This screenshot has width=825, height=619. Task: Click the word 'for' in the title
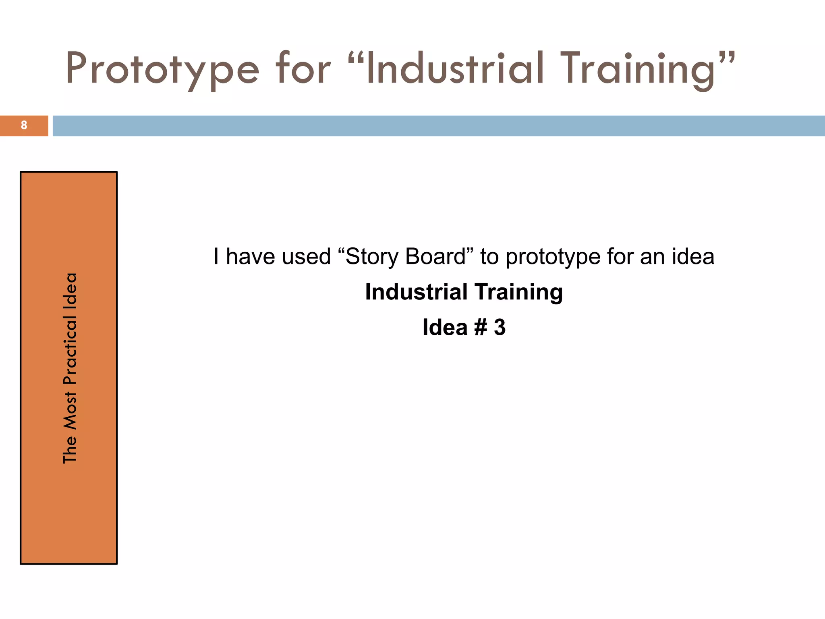pyautogui.click(x=303, y=69)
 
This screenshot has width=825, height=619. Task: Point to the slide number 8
pyautogui.click(x=24, y=125)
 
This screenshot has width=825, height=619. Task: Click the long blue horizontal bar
pyautogui.click(x=438, y=126)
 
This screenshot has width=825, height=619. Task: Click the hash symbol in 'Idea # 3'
pyautogui.click(x=481, y=327)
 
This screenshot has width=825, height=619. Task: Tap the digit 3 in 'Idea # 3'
pyautogui.click(x=500, y=327)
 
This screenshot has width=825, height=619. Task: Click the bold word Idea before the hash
pyautogui.click(x=445, y=327)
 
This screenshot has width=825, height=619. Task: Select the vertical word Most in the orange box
pyautogui.click(x=70, y=411)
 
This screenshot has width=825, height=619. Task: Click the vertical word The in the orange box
pyautogui.click(x=70, y=449)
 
